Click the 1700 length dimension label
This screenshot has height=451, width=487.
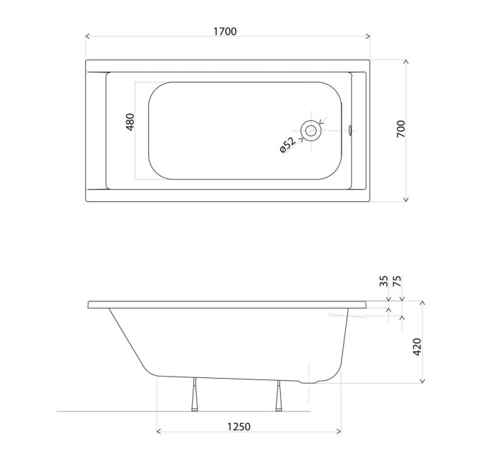click(x=225, y=31)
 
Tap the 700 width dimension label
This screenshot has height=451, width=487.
click(x=401, y=129)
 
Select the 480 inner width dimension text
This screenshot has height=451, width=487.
click(x=130, y=122)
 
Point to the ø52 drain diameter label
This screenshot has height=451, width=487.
click(x=287, y=145)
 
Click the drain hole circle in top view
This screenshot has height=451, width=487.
click(x=311, y=131)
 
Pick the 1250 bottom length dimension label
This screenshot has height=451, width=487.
click(x=238, y=427)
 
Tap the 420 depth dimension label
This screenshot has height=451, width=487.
click(x=417, y=347)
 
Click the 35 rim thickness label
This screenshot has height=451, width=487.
click(x=384, y=281)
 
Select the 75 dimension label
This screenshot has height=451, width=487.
click(x=397, y=281)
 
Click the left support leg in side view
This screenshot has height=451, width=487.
click(x=194, y=394)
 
